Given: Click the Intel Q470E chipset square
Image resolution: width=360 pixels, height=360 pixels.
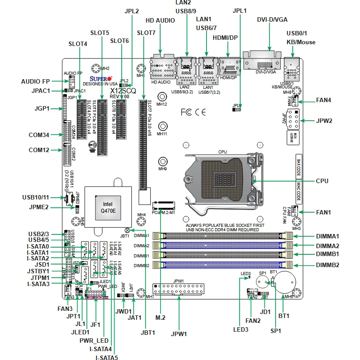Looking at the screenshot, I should click(108, 207).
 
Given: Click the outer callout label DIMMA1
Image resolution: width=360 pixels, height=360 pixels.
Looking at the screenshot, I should click(328, 236).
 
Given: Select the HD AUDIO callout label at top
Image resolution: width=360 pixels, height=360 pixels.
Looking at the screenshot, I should click(160, 20).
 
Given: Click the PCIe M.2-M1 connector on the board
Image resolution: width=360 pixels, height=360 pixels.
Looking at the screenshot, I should click(164, 205).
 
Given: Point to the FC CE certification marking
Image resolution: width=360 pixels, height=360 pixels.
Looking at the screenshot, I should click(193, 112).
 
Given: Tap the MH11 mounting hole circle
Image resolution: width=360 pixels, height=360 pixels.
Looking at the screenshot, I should click(162, 126).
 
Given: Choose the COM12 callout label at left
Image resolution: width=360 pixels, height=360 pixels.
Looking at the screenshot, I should click(39, 150).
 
